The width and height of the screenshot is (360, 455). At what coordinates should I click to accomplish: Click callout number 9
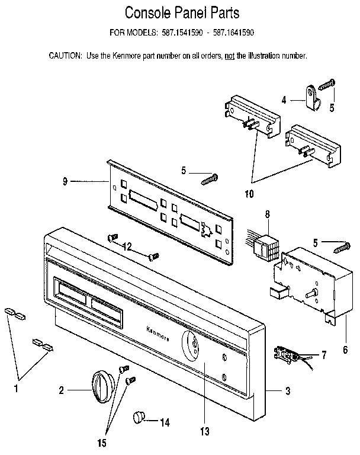pyautogui.click(x=65, y=182)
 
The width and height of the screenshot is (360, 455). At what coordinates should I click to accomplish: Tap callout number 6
pyautogui.click(x=344, y=350)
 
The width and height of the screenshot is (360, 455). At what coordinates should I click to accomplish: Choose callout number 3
pyautogui.click(x=288, y=390)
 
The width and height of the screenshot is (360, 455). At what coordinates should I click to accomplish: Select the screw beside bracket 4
pyautogui.click(x=327, y=84)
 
